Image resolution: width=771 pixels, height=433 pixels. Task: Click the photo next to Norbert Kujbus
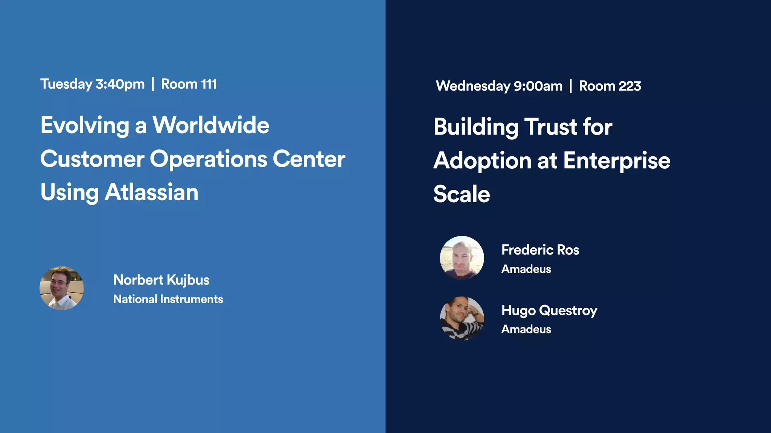click(x=62, y=288)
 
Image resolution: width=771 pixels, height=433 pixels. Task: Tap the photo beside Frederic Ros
click(x=462, y=258)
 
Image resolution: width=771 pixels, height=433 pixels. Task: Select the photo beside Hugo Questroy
click(x=462, y=318)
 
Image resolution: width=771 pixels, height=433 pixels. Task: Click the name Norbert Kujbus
click(x=161, y=280)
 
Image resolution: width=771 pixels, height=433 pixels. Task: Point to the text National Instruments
click(x=168, y=299)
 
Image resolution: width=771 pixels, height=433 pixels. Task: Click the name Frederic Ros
click(x=540, y=250)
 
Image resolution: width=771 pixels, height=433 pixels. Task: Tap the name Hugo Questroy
click(x=549, y=310)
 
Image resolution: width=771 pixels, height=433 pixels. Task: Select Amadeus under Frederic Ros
click(x=526, y=269)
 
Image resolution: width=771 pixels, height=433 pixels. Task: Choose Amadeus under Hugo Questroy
click(x=526, y=329)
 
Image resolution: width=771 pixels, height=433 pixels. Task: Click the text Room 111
click(x=189, y=84)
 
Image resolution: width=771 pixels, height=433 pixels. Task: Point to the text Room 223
click(x=610, y=86)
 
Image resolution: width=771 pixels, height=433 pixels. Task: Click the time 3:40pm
click(x=120, y=84)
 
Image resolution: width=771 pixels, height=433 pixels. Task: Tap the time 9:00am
click(x=538, y=86)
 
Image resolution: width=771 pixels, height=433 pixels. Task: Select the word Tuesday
click(x=66, y=84)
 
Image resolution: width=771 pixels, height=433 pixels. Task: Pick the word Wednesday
click(x=473, y=86)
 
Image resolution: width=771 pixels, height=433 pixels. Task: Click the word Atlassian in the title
click(x=151, y=192)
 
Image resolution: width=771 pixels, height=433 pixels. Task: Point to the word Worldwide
click(x=211, y=125)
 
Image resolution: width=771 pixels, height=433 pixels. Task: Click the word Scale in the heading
click(x=462, y=194)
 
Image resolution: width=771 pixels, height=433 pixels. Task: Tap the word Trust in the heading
click(x=551, y=127)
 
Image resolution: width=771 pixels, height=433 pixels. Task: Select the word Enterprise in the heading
click(x=617, y=160)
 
